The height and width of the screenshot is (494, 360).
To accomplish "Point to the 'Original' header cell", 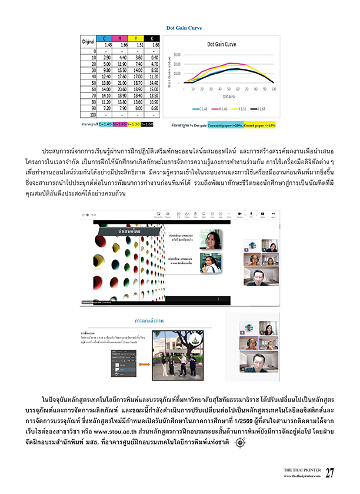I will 89,42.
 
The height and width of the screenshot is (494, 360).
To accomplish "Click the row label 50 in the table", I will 94,82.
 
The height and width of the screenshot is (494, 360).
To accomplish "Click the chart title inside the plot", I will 222,44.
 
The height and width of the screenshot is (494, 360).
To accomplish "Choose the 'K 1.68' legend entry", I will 258,108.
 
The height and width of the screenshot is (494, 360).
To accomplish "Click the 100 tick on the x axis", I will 273,89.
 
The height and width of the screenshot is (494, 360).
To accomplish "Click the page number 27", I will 330,473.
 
